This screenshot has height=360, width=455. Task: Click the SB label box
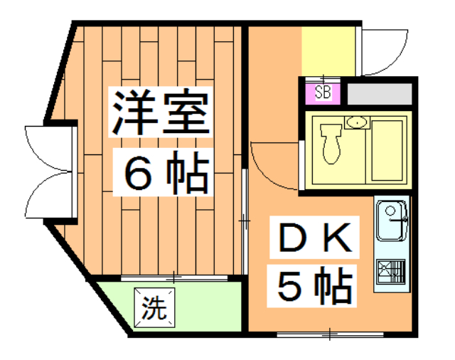[323, 92]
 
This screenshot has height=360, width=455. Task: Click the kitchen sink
[391, 220]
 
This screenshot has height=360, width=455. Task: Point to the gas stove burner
[391, 272]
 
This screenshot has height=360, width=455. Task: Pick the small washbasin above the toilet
[355, 122]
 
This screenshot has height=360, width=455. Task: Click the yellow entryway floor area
[328, 51]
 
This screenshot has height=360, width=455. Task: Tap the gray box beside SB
[379, 92]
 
